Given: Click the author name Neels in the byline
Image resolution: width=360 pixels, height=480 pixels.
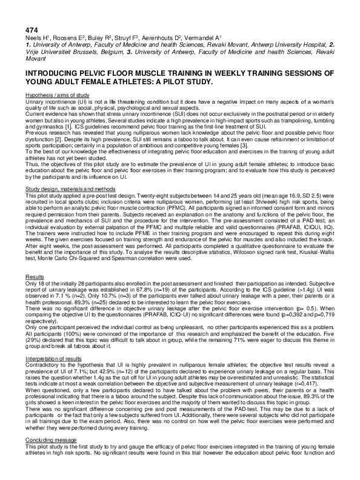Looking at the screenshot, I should [x=33, y=39].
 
